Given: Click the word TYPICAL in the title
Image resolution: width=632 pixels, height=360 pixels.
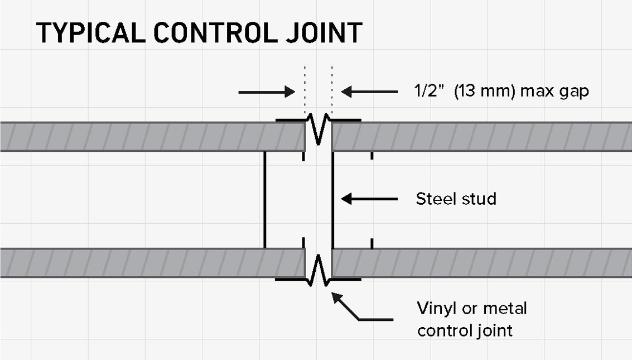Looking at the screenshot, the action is (91, 33).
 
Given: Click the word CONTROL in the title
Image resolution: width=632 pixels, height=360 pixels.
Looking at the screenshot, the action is (216, 33).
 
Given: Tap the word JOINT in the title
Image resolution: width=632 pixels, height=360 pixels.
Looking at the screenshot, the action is (324, 33).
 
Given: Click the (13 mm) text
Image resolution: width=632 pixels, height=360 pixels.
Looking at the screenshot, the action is (485, 91).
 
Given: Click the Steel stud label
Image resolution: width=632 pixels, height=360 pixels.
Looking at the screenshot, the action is (456, 199).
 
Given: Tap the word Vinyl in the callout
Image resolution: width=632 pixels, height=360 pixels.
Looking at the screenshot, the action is (437, 309).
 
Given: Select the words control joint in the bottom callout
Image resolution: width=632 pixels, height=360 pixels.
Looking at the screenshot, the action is (465, 330).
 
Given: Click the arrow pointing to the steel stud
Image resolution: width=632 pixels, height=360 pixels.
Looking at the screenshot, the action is (369, 199).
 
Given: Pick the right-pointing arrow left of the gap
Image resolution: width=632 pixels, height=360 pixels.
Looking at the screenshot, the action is (267, 92).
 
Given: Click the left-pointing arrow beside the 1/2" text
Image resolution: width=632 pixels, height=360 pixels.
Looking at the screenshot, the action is (369, 92).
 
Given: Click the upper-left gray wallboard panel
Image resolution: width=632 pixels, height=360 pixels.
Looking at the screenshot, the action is (152, 137).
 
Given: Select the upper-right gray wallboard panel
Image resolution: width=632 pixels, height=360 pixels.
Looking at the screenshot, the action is (481, 137).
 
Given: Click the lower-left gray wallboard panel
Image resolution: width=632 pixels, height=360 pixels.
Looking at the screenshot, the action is (152, 263).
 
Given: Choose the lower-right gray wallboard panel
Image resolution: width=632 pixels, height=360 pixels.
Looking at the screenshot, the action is (481, 263).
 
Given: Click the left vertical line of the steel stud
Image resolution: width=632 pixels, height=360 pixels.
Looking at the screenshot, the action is (265, 200).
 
